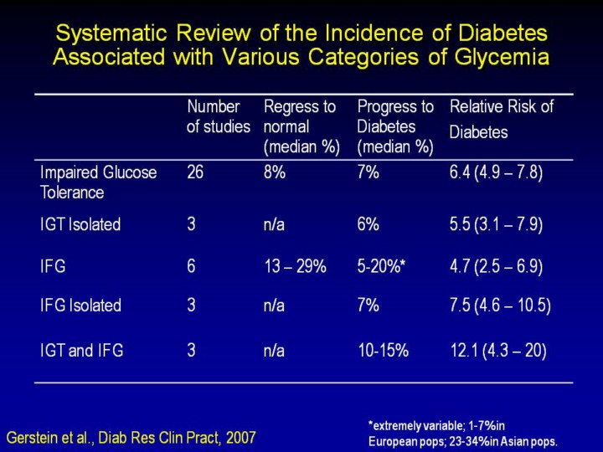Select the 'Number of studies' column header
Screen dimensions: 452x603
click(x=218, y=117)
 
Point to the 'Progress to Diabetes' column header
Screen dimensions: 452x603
click(x=395, y=126)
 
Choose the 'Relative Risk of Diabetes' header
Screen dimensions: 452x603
click(x=502, y=119)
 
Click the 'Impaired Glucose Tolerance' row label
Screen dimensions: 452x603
click(x=98, y=182)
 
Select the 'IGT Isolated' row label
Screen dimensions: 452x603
click(x=80, y=224)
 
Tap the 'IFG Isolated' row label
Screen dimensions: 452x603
click(x=80, y=306)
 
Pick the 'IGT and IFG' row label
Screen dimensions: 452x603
click(x=81, y=351)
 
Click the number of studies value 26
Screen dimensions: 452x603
click(x=196, y=172)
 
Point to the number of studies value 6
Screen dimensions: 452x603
click(x=191, y=266)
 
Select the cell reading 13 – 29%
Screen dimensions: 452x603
click(x=295, y=266)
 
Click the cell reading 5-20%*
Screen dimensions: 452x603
click(x=381, y=266)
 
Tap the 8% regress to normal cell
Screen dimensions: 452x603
click(x=275, y=172)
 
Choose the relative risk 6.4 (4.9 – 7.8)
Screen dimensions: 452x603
click(x=497, y=172)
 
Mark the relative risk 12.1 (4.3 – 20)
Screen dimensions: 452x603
click(x=498, y=351)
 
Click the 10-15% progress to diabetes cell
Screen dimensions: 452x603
click(x=383, y=351)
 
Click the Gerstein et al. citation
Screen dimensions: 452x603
click(x=131, y=437)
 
